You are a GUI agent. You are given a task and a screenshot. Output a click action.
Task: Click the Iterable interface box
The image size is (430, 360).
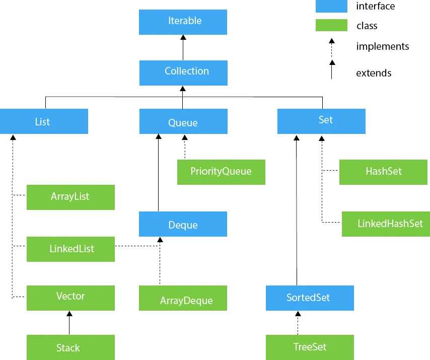point(183,22)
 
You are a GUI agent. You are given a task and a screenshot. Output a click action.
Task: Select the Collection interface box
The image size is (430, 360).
point(183,72)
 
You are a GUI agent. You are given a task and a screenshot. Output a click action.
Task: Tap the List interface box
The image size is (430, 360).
point(44,122)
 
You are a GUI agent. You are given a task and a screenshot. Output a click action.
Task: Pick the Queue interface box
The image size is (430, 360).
point(183,122)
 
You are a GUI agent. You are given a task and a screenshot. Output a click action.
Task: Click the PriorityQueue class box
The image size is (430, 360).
point(221,172)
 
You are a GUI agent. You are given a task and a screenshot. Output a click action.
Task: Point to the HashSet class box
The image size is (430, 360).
point(384,172)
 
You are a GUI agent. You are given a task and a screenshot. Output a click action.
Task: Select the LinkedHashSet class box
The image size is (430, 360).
point(385,224)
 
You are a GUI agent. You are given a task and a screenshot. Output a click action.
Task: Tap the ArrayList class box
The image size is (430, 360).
point(70,197)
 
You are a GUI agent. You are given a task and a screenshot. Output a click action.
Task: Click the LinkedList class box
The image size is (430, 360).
point(70,249)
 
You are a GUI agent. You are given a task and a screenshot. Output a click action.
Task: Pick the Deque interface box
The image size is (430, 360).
point(183,224)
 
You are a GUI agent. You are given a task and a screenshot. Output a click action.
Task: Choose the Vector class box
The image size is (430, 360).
point(70,298)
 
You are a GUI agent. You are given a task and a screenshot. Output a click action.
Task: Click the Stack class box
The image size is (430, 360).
point(70,348)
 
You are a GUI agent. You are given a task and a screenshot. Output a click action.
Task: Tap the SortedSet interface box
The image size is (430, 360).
point(310,298)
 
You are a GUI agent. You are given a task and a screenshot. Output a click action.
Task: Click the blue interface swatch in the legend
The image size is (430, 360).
point(331,6)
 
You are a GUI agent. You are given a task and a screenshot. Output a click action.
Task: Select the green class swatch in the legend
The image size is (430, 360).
point(331,25)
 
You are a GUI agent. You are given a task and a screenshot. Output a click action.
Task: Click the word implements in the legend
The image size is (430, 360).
point(382,47)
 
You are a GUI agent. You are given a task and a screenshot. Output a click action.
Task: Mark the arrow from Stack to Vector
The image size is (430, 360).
point(69,323)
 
